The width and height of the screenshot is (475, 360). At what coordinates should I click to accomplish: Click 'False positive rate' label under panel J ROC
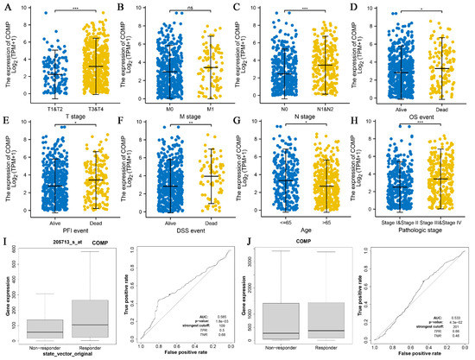point(410,353)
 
